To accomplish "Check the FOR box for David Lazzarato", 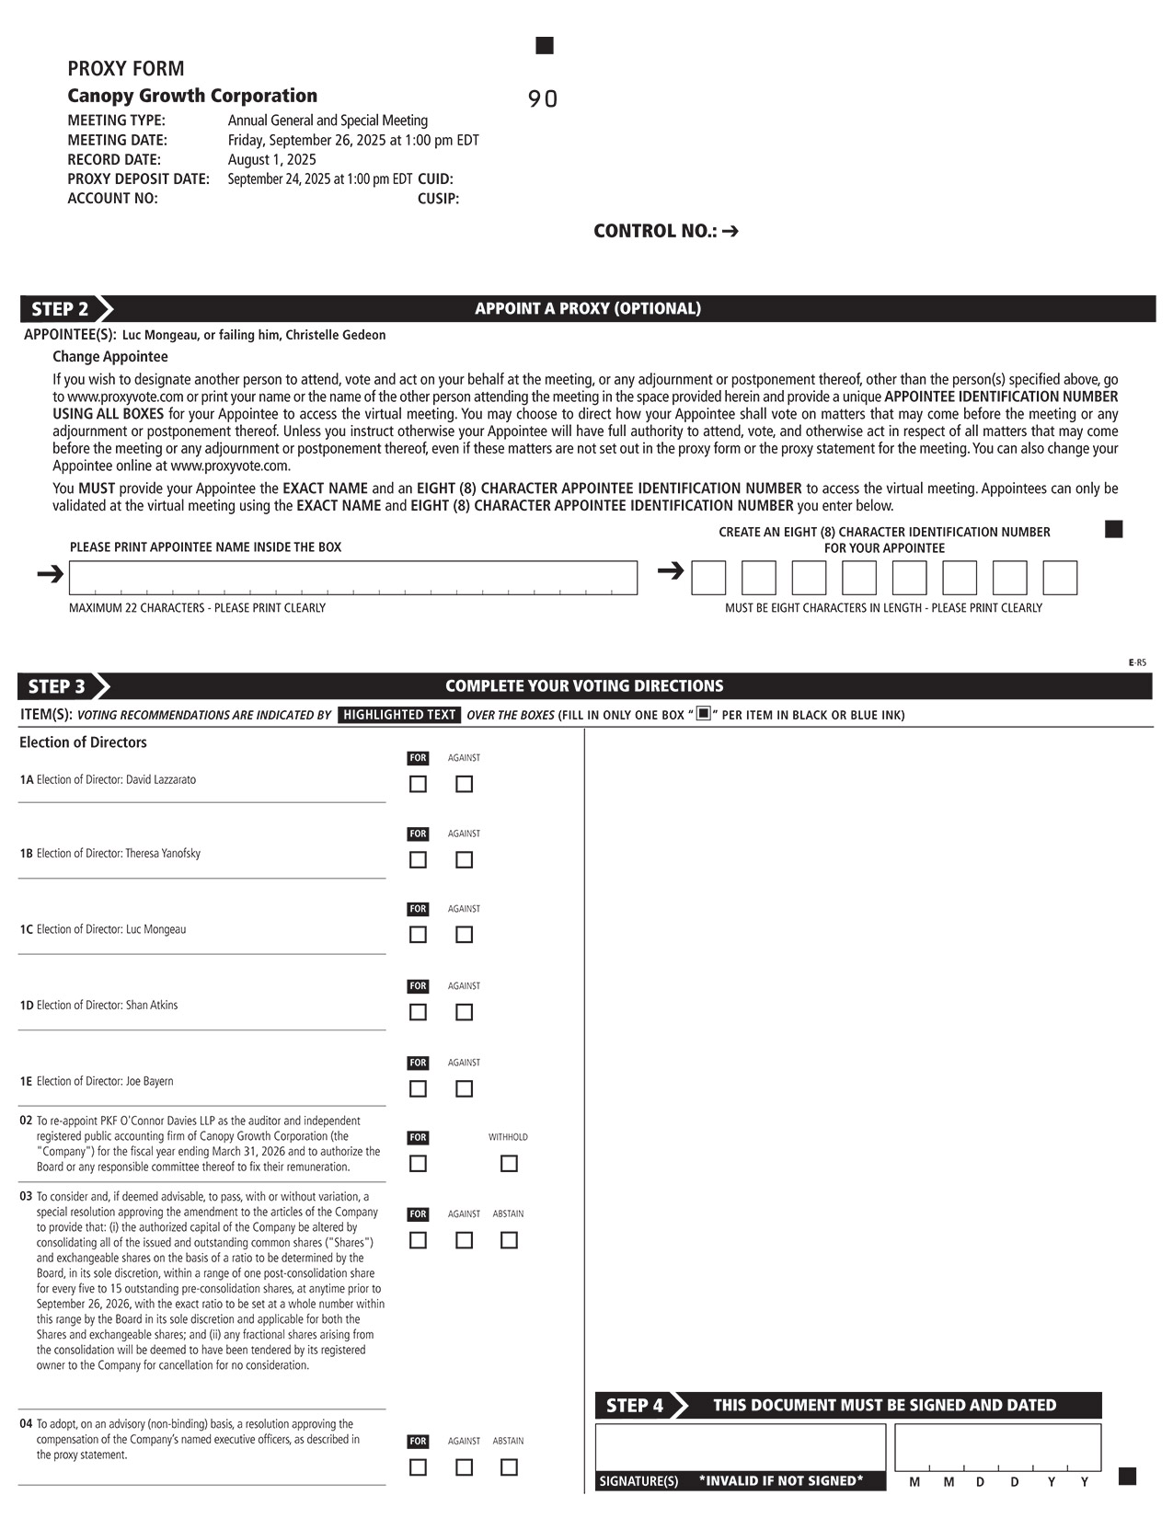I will [418, 784].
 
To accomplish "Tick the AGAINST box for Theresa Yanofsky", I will [464, 859].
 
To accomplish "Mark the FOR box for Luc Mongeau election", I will [418, 934].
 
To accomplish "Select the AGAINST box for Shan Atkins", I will [464, 1012].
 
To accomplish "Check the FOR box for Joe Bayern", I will [418, 1088].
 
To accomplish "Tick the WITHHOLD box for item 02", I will [508, 1164].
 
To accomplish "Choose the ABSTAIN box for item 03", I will [508, 1240].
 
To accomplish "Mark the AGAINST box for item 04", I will [464, 1467].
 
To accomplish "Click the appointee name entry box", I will [353, 578].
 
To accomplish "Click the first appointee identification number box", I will [708, 578].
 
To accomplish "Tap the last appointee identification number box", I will [1059, 578].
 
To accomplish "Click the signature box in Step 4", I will [740, 1448].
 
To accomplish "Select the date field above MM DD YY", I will [997, 1447].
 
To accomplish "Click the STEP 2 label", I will [61, 309].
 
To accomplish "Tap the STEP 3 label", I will [57, 686].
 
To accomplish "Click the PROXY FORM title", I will [126, 69].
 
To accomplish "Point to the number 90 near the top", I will [543, 99].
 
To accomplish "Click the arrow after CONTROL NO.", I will [730, 231].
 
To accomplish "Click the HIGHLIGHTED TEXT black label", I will [399, 715].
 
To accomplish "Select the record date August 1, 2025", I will [271, 159].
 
